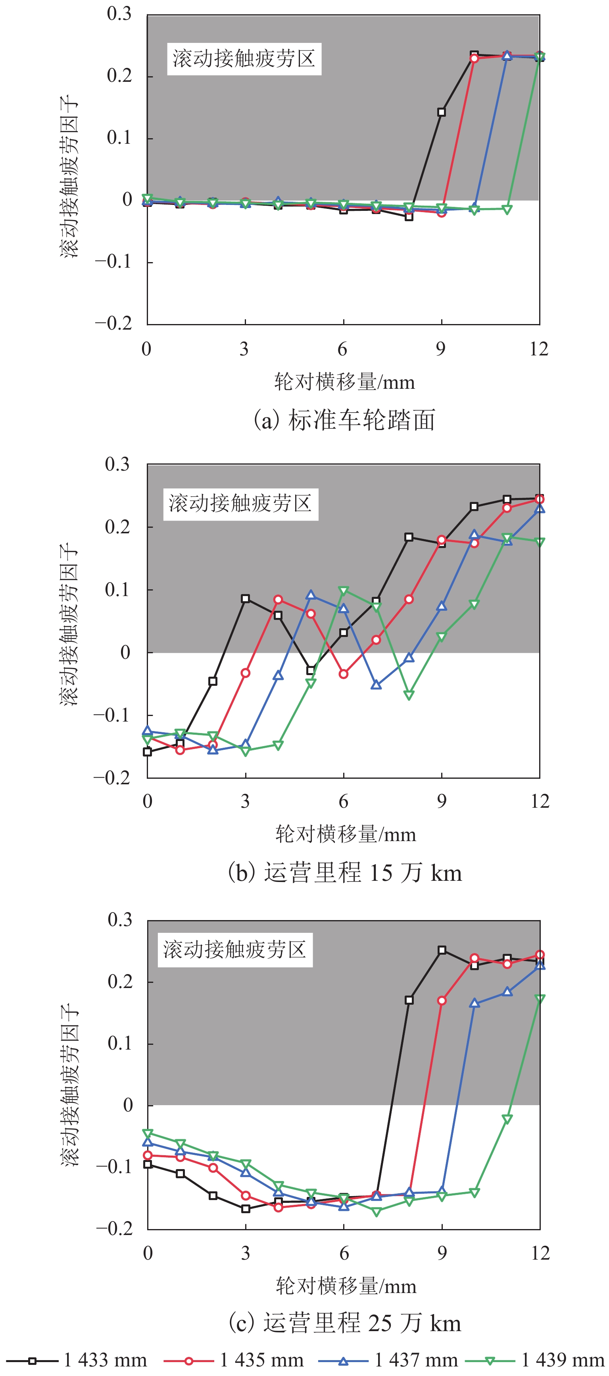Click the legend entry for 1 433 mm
tap(77, 1359)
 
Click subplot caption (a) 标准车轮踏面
tap(344, 420)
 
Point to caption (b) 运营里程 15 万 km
tap(344, 872)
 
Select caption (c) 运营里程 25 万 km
tap(344, 1323)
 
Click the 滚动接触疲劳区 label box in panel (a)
tap(244, 59)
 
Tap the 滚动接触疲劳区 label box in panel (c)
tap(235, 949)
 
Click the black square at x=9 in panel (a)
tap(442, 112)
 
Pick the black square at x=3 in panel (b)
tap(246, 599)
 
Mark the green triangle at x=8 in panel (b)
tap(409, 695)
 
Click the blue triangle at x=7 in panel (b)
tap(376, 685)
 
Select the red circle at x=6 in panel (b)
tap(344, 674)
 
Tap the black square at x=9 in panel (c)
tap(442, 950)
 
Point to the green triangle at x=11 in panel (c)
tap(507, 1119)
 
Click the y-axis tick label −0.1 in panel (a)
tap(113, 262)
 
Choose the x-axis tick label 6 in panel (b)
tap(343, 801)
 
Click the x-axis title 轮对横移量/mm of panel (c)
tap(346, 1286)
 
